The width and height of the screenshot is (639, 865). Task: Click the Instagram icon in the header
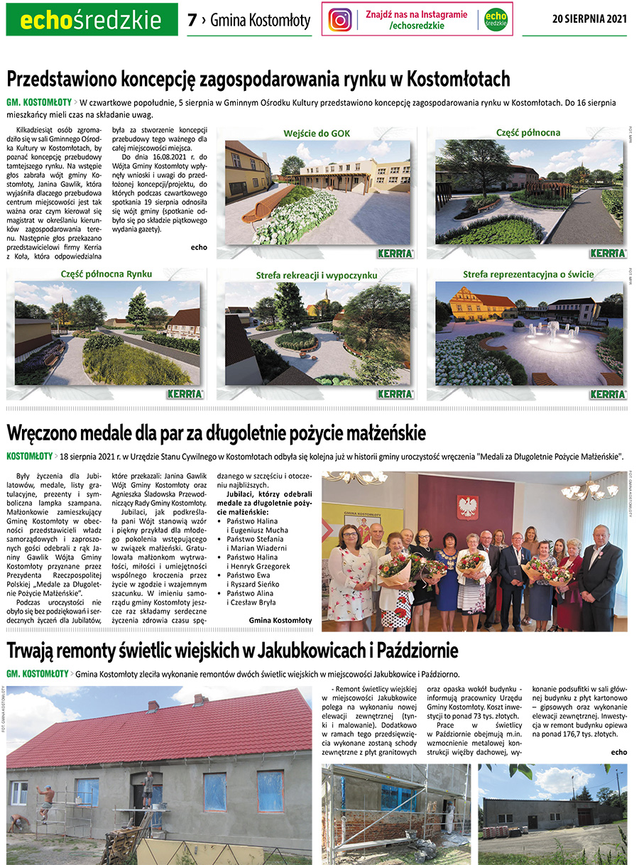click(341, 19)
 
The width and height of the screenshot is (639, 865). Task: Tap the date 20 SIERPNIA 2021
click(589, 19)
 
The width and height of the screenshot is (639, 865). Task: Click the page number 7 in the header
click(192, 21)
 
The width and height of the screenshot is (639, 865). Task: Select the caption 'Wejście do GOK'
click(317, 133)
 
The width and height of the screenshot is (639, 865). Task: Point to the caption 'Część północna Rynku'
click(106, 273)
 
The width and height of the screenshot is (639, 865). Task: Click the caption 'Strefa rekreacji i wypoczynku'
click(317, 275)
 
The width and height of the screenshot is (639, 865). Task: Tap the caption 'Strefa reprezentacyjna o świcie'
click(528, 274)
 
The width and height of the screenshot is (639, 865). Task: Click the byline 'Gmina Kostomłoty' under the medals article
click(280, 620)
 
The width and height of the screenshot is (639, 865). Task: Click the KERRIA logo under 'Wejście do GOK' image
click(395, 254)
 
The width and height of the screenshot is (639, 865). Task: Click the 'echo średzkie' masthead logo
click(92, 20)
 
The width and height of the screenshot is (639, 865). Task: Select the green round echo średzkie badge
click(496, 19)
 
